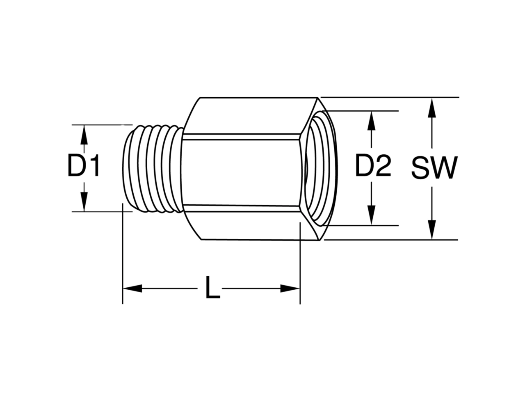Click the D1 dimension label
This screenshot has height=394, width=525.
pyautogui.click(x=84, y=165)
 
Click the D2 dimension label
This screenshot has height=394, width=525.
pyautogui.click(x=373, y=165)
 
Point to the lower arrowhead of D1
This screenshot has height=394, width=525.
pyautogui.click(x=84, y=202)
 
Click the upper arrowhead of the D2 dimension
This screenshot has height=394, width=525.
pyautogui.click(x=371, y=121)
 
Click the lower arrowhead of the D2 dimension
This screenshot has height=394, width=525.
pyautogui.click(x=371, y=215)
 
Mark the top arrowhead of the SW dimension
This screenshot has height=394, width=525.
pyautogui.click(x=432, y=108)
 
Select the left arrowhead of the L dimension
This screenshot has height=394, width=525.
pyautogui.click(x=132, y=288)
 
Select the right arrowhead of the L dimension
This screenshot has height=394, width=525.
pyautogui.click(x=290, y=288)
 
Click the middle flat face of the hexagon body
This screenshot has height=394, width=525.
pyautogui.click(x=240, y=172)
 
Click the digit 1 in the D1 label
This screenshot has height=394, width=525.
pyautogui.click(x=95, y=165)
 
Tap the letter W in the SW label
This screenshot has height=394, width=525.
pyautogui.click(x=445, y=167)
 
